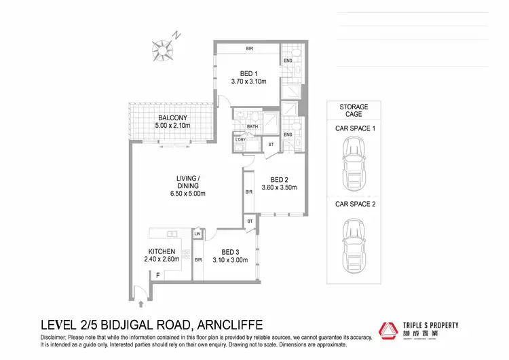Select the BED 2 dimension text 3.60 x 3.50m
tap(280, 187)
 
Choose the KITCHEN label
tap(162, 251)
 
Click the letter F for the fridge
tap(157, 276)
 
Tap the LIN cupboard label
tap(197, 234)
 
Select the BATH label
tap(252, 126)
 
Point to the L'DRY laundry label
tap(240, 141)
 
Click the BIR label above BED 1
tap(249, 49)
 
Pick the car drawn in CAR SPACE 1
tap(354, 157)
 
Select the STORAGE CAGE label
tap(354, 111)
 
